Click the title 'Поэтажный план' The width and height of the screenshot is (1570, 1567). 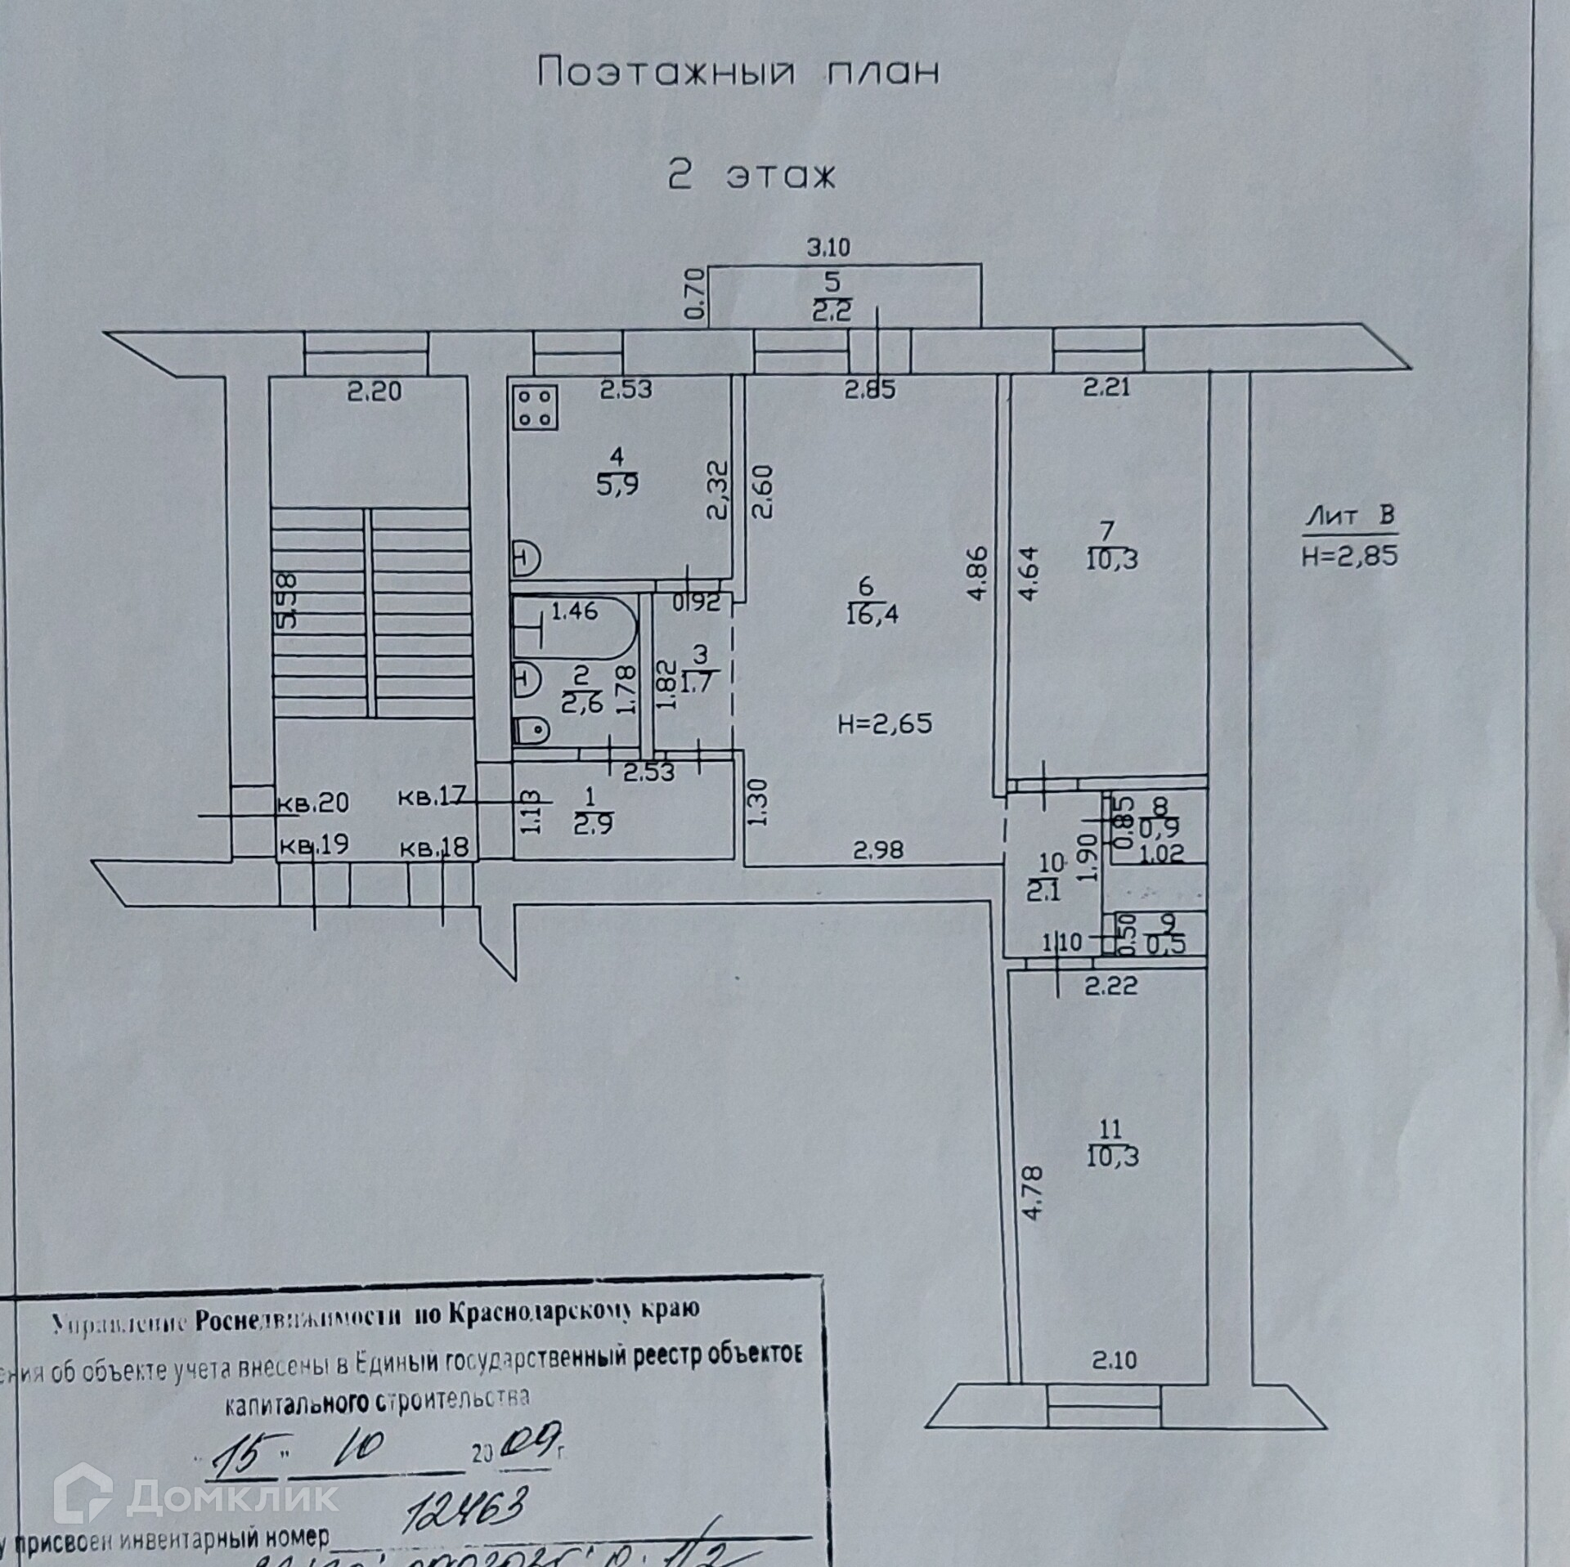(738, 73)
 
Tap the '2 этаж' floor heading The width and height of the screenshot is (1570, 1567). (751, 176)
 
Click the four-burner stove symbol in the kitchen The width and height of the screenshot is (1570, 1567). (536, 408)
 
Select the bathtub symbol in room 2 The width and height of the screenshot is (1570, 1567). (576, 627)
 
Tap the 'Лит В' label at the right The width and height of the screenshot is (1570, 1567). (1349, 516)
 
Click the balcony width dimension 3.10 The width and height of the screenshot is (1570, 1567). (828, 246)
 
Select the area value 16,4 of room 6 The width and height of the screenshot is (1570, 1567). (872, 614)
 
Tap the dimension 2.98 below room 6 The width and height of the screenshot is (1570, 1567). (878, 851)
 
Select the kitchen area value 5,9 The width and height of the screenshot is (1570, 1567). (617, 484)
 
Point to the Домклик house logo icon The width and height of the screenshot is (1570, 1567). (83, 1498)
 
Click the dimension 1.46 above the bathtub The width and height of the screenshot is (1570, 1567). (574, 610)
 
